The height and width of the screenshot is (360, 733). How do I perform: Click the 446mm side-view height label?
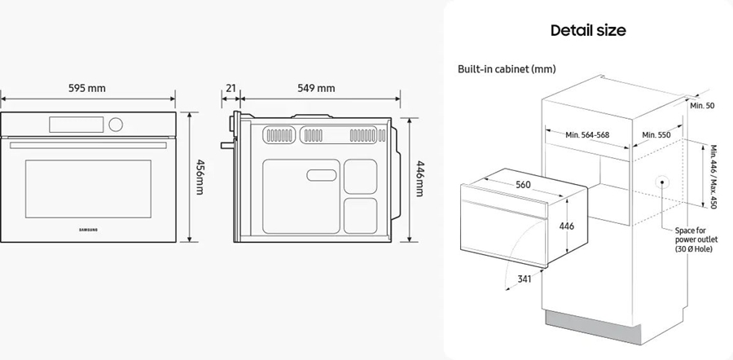click(420, 178)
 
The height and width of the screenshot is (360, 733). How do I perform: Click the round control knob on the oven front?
click(116, 125)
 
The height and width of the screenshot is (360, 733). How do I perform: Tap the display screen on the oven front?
click(77, 125)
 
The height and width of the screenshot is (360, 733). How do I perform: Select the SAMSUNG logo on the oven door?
click(88, 230)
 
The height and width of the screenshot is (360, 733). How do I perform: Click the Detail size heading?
click(588, 31)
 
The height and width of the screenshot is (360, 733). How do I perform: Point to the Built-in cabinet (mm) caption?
click(507, 70)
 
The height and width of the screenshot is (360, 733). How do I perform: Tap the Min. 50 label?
click(702, 106)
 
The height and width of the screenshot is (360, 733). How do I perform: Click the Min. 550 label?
click(656, 134)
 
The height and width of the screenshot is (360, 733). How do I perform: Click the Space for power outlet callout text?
click(693, 239)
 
